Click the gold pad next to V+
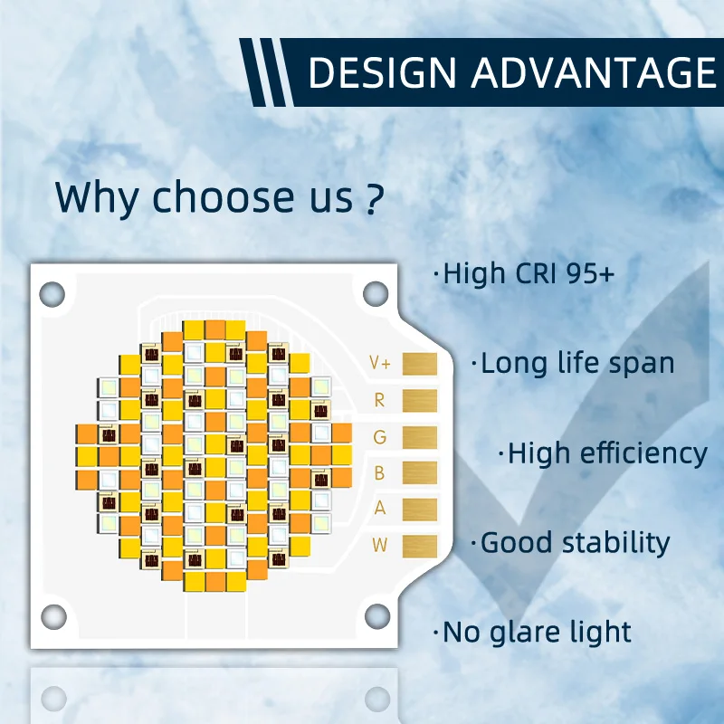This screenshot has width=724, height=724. point(419,364)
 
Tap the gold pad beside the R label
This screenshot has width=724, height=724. point(419,400)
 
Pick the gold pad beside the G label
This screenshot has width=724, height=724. point(419,436)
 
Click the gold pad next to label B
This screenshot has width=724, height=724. point(419,472)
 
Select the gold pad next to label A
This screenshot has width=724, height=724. point(419,509)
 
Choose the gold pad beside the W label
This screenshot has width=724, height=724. point(419,545)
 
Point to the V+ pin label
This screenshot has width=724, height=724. point(380,364)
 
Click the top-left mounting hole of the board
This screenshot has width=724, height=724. point(53,292)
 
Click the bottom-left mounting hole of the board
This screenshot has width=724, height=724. point(53,616)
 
